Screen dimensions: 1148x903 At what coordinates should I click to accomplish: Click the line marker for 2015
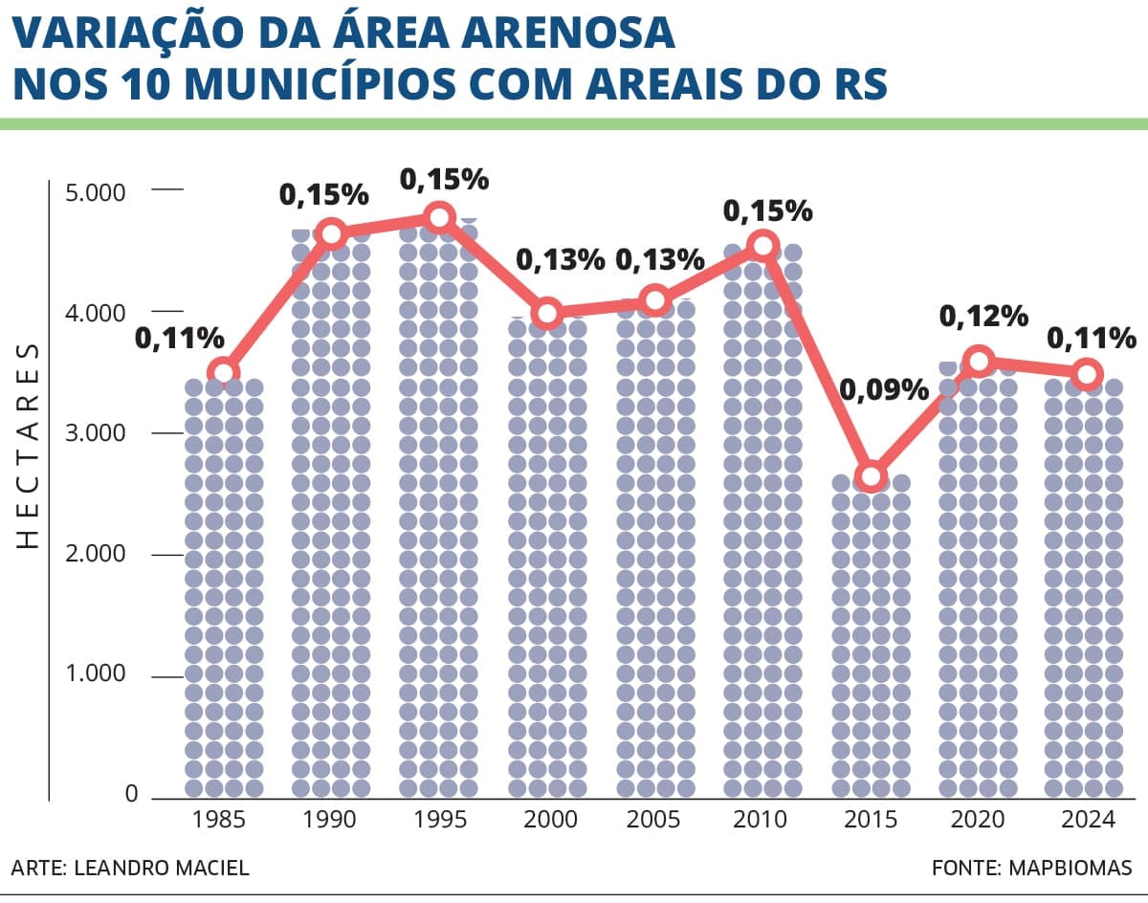871,475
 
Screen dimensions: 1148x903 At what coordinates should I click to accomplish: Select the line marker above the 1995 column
439,217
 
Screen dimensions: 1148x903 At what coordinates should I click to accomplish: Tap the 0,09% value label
884,391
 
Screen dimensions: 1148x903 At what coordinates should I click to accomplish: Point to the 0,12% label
983,317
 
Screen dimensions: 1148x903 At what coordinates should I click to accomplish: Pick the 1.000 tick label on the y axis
96,673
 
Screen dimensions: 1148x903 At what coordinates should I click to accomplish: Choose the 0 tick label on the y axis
131,794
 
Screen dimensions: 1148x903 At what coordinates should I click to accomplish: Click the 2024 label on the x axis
1089,820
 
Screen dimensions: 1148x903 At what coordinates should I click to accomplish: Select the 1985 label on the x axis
218,820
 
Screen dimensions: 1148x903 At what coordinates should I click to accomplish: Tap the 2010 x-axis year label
760,820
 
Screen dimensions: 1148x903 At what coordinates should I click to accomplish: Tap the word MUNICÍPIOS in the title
320,84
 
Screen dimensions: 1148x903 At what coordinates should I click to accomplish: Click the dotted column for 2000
547,557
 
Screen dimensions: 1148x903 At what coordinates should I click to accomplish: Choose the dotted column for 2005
655,548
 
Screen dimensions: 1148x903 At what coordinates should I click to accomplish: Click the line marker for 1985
223,373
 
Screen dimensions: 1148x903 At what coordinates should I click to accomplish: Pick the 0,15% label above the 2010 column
767,211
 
